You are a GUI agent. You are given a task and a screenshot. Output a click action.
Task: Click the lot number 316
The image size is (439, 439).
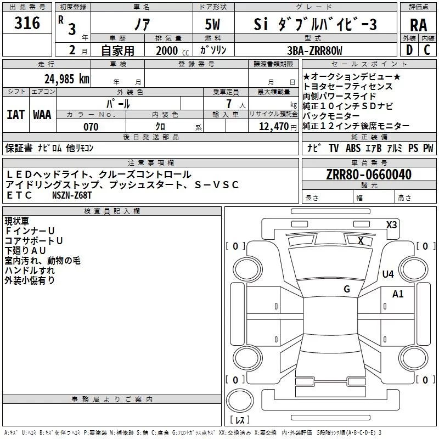pyautogui.click(x=27, y=24)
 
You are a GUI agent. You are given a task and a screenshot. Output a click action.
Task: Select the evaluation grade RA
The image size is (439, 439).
pyautogui.click(x=418, y=25)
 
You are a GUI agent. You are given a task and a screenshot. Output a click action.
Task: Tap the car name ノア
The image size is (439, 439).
pyautogui.click(x=141, y=24)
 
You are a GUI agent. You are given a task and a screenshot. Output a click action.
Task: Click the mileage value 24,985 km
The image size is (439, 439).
pyautogui.click(x=66, y=79)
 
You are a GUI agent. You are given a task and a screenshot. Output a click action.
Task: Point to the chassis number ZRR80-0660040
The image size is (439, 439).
pyautogui.click(x=369, y=175)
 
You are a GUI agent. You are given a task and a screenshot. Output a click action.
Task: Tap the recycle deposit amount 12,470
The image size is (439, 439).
pyautogui.click(x=273, y=127)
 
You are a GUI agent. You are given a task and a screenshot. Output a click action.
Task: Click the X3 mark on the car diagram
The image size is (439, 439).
pyautogui.click(x=392, y=224)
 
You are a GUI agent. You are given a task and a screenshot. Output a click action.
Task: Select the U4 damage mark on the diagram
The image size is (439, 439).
pyautogui.click(x=388, y=274)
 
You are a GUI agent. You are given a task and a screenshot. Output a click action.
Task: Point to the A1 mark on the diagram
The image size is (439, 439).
pyautogui.click(x=398, y=294)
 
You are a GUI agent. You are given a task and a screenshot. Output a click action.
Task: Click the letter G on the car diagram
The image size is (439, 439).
pyautogui.click(x=347, y=289)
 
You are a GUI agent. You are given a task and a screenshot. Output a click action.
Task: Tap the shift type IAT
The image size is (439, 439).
pyautogui.click(x=15, y=114)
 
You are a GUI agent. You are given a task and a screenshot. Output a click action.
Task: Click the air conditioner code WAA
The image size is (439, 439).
pyautogui.click(x=42, y=114)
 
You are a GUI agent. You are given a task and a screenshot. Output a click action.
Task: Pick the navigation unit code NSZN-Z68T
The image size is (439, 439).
pyautogui.click(x=72, y=195)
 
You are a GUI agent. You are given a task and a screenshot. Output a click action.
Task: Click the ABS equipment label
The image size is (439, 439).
pyautogui.click(x=354, y=148)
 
